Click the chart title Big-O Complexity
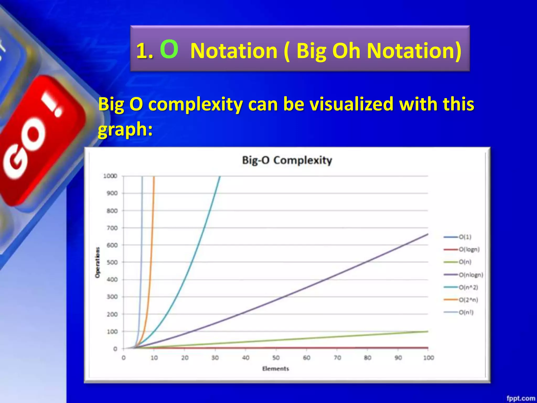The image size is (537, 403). (287, 160)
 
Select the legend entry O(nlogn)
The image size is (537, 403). (471, 275)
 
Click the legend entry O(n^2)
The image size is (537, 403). (468, 287)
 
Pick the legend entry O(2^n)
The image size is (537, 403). (468, 300)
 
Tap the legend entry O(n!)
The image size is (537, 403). (466, 312)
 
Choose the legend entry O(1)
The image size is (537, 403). (465, 237)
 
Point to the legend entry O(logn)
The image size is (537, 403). (469, 249)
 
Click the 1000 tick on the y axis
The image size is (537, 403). (110, 176)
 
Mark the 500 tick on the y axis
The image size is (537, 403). (112, 262)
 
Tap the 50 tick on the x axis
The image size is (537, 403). (276, 358)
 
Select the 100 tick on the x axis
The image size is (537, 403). (428, 358)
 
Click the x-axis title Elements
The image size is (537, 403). (276, 369)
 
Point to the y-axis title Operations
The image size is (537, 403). (98, 262)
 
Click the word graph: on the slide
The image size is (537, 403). (125, 129)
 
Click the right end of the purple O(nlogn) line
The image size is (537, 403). (427, 234)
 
